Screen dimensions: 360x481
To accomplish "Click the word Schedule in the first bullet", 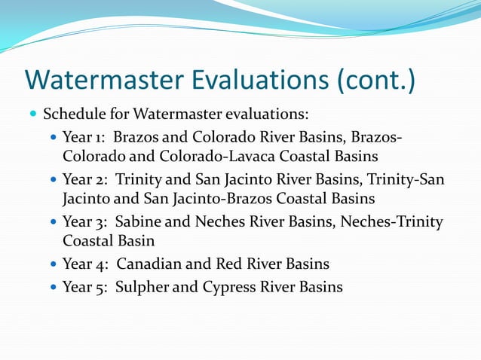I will point(72,114).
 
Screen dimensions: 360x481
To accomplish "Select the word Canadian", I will point(146,264).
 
